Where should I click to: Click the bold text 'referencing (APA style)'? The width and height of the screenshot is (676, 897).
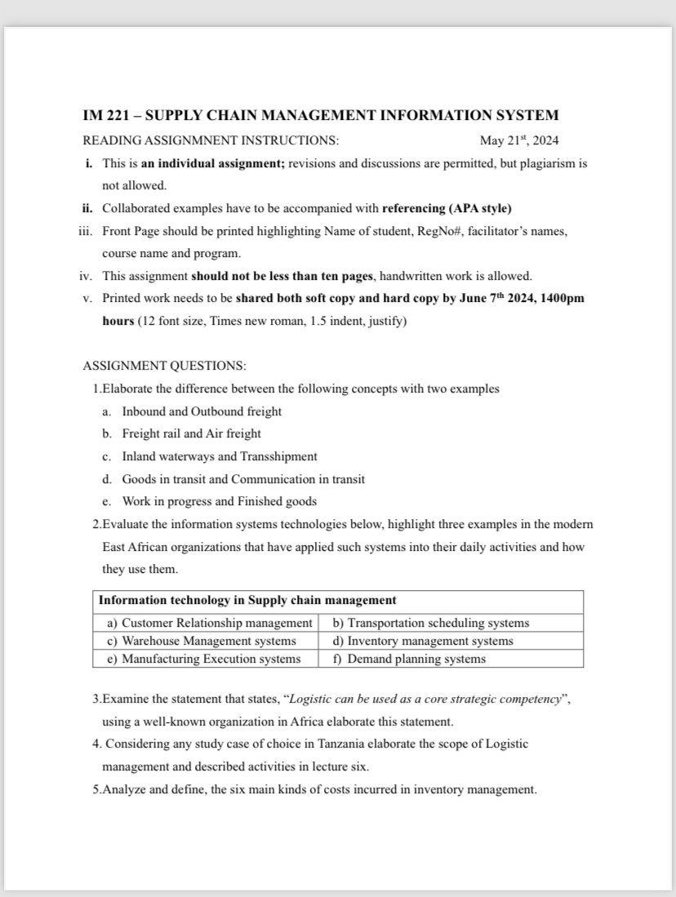447,208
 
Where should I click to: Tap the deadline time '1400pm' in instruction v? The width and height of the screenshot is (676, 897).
564,298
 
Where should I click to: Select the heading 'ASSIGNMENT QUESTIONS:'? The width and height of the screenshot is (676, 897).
165,366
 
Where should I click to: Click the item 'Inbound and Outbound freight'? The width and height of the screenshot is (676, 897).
202,411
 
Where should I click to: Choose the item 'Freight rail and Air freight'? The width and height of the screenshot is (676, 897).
191,433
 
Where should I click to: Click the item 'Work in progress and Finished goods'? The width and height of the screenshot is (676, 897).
219,501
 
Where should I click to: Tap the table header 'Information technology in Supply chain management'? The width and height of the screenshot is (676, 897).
247,600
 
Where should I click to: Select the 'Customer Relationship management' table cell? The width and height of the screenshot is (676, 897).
210,623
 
